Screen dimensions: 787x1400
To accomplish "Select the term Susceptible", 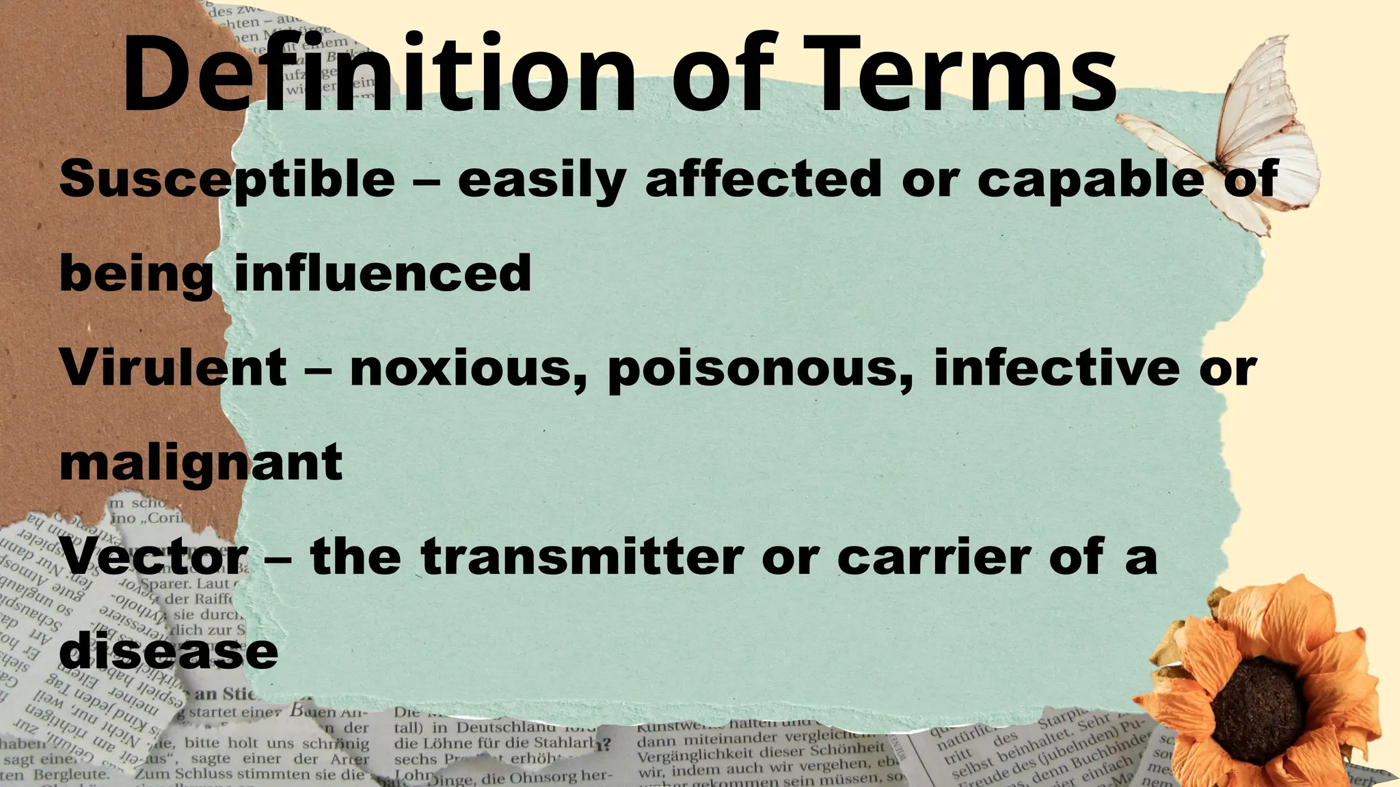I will point(227,179).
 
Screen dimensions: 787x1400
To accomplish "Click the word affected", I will point(762,179).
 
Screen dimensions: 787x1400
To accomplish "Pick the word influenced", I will point(382,273).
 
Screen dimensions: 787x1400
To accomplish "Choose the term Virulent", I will point(174,368).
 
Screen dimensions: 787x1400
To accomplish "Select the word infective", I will point(1056,368).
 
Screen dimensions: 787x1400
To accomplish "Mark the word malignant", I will point(201,463).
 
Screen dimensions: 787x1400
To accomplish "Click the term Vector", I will point(154,557).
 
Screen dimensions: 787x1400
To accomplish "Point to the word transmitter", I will point(582,557).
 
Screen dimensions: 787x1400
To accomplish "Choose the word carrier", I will point(934,557).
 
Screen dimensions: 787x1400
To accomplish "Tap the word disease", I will point(169,651).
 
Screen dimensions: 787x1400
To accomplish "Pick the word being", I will point(136,273).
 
